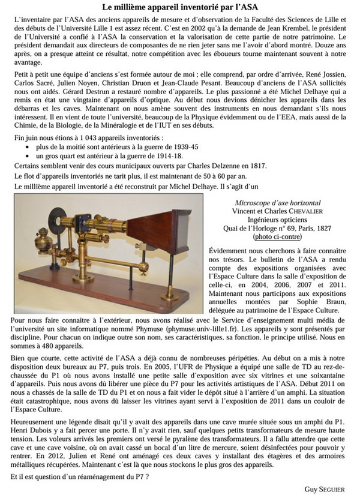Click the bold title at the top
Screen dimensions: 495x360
(x=179, y=8)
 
